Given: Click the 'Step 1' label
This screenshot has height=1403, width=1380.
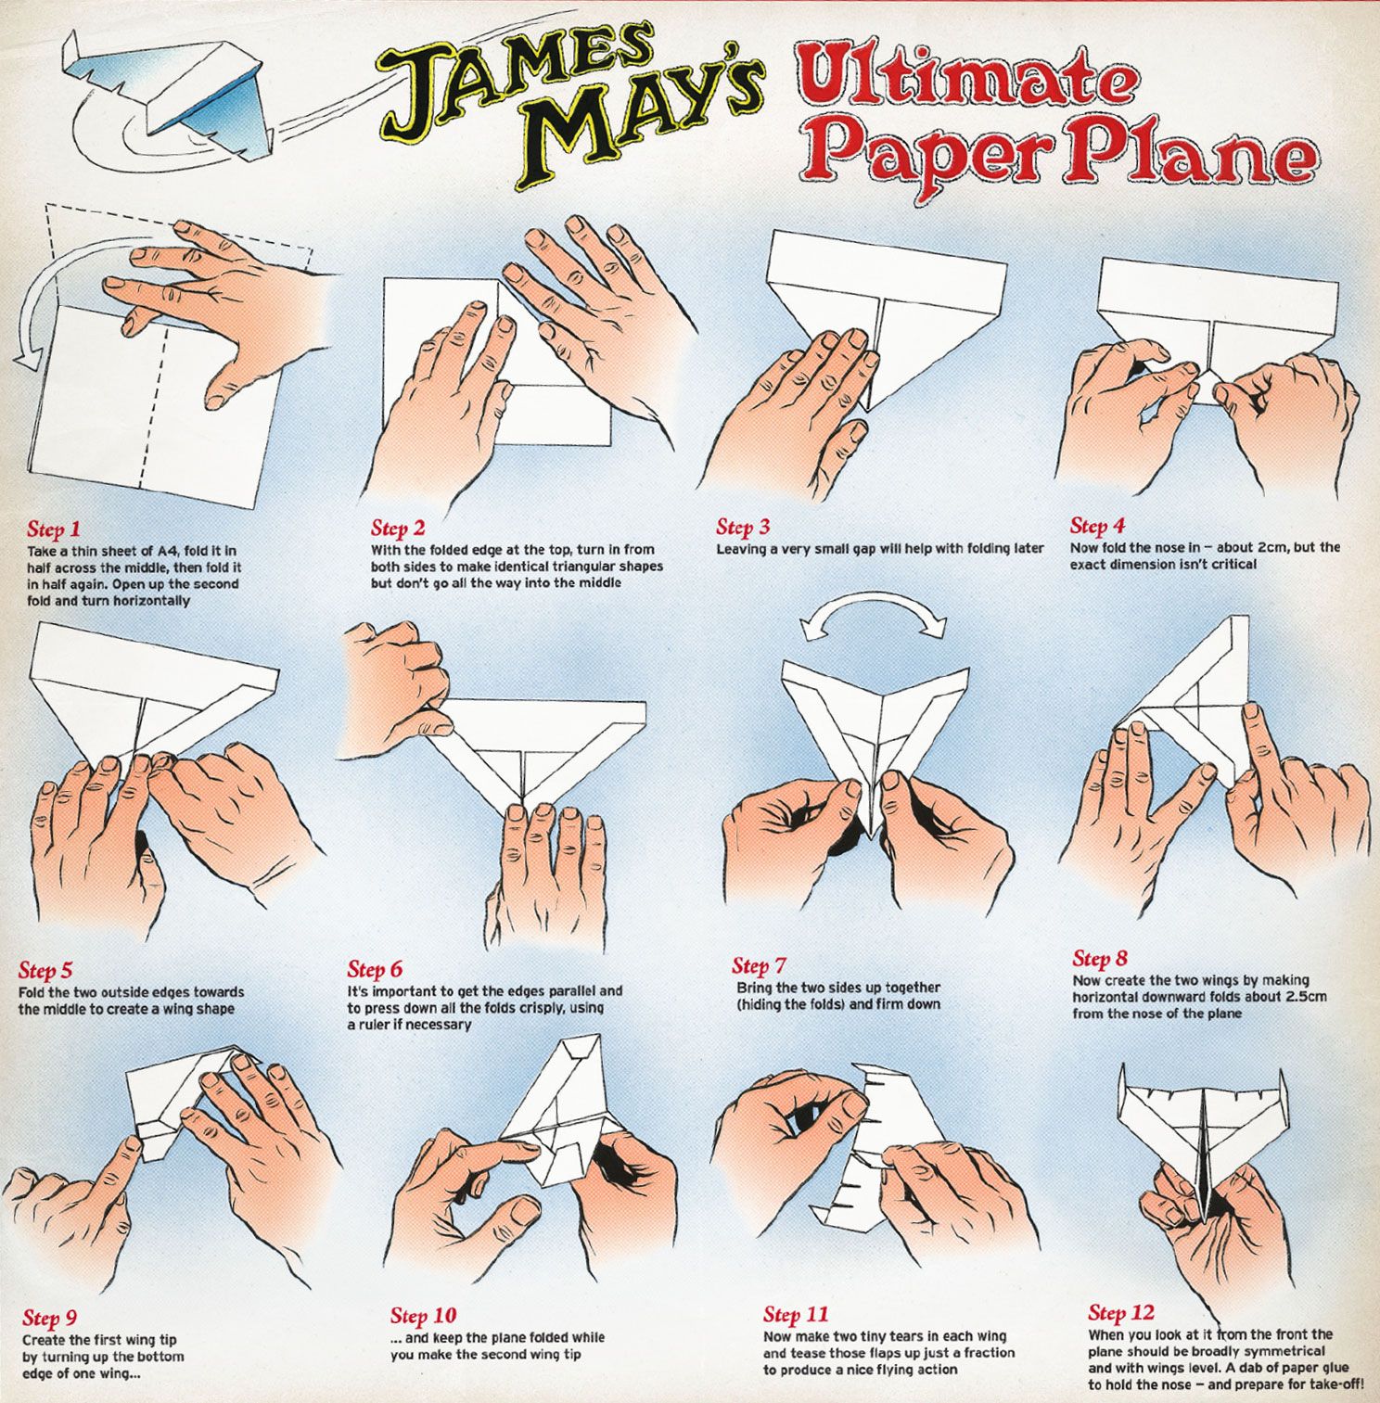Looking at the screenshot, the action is tap(54, 529).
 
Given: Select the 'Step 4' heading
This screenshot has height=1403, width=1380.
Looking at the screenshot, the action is tap(1097, 526).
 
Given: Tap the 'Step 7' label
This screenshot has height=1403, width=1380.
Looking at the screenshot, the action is tap(759, 966).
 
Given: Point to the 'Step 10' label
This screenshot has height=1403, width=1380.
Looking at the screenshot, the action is tap(423, 1316).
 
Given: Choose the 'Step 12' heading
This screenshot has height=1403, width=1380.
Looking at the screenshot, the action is tap(1121, 1313).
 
